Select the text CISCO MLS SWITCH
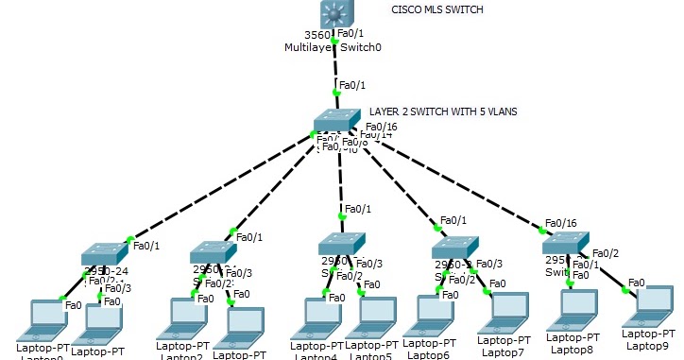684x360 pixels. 437,9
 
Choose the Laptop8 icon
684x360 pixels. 574,309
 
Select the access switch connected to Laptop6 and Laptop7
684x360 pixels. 455,248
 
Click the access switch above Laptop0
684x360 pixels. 103,253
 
